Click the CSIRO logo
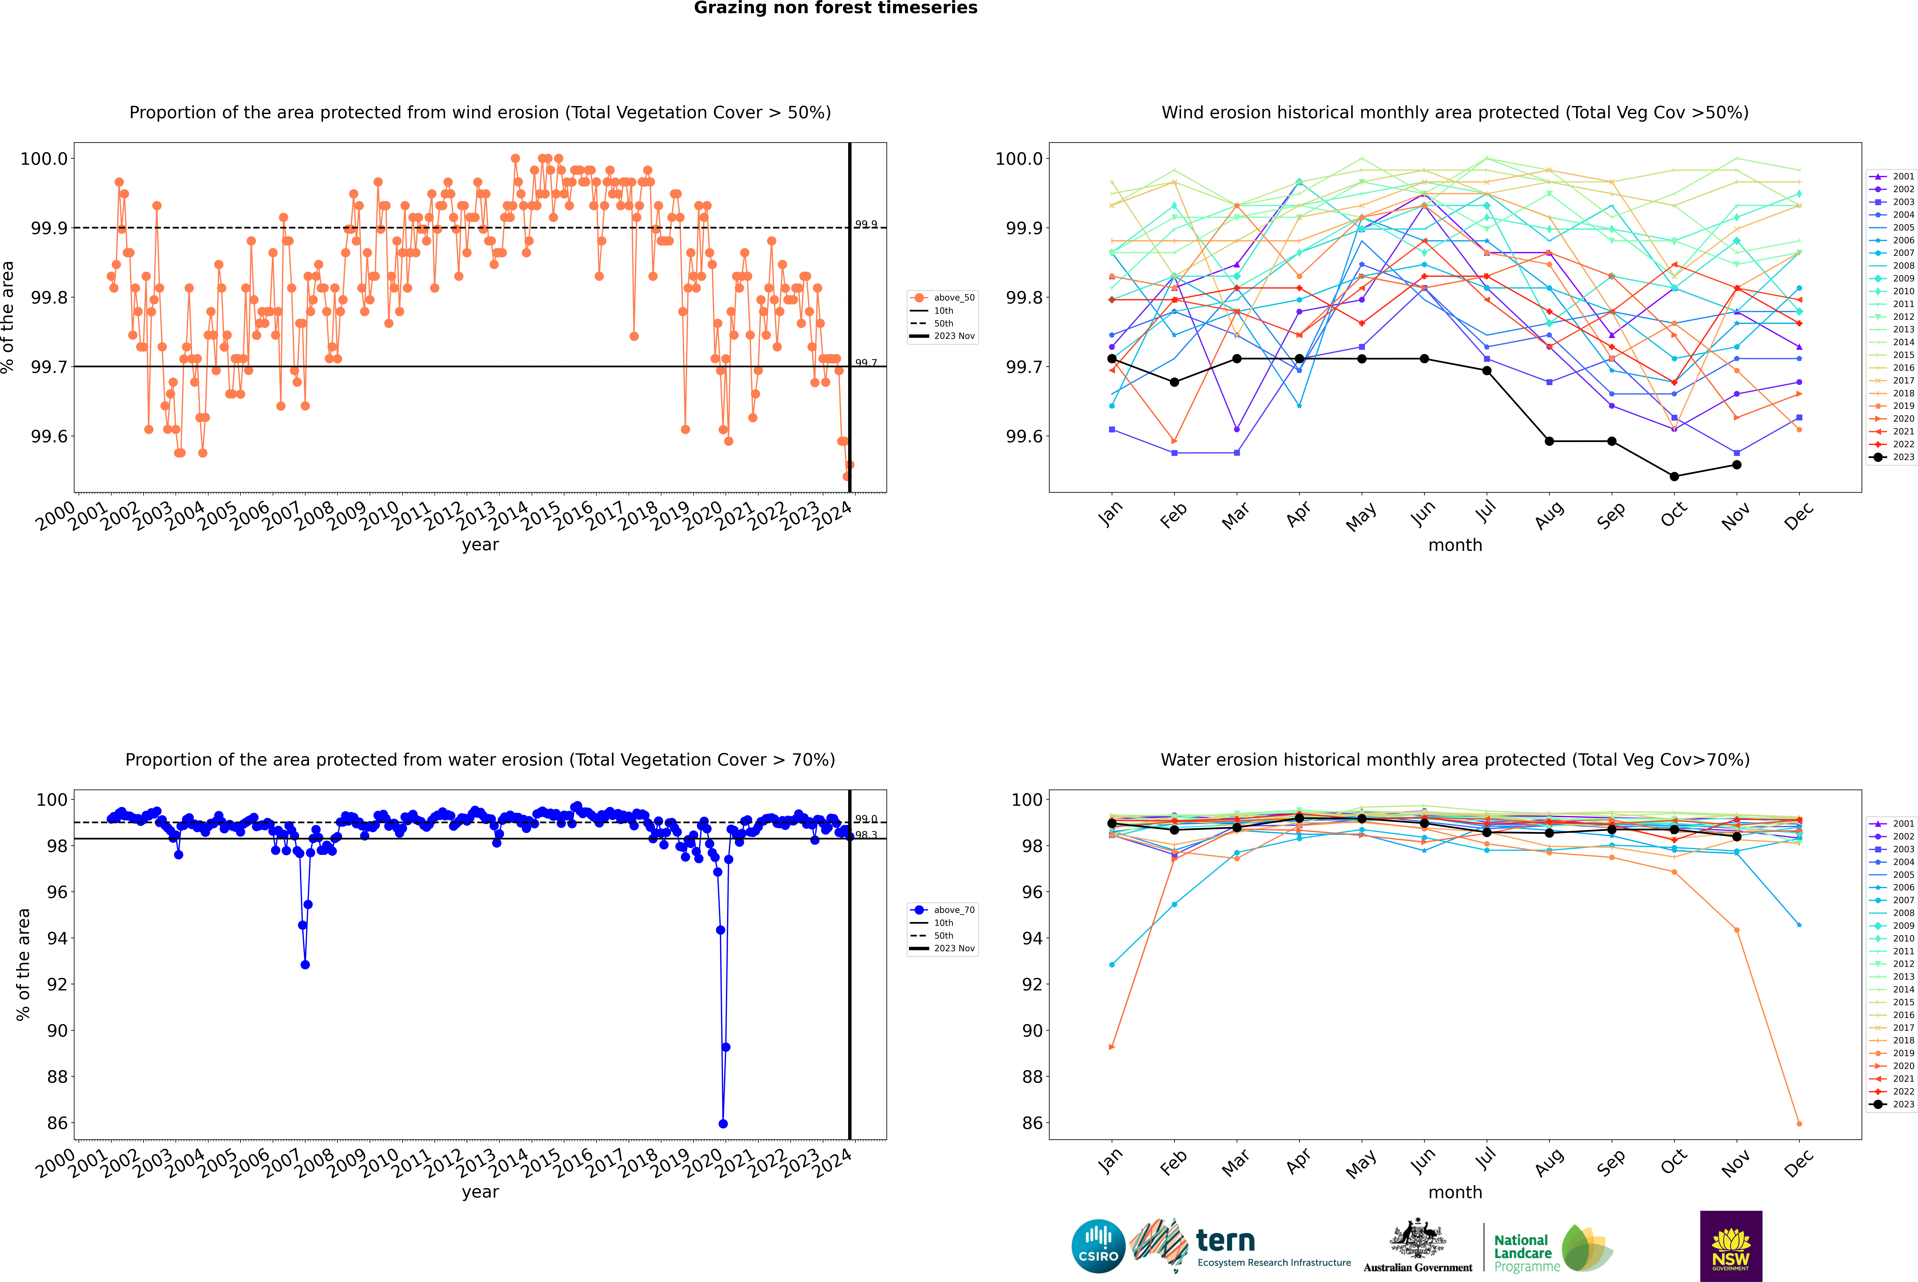[x=1098, y=1246]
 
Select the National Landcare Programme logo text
[x=1522, y=1253]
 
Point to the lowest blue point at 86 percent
[x=723, y=1123]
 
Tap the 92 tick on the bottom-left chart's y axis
[x=57, y=984]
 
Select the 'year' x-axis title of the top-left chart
[x=480, y=545]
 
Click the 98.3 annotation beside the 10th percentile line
[x=866, y=835]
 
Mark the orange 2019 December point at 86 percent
[x=1799, y=1123]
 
